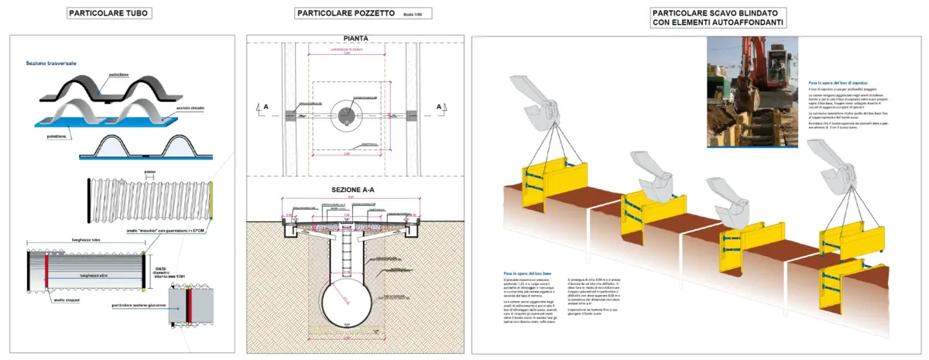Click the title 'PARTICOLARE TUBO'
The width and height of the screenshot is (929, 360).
(x=108, y=13)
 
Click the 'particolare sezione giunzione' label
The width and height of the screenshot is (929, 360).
(x=139, y=305)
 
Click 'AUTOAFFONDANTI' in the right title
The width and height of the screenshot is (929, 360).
(x=746, y=23)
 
